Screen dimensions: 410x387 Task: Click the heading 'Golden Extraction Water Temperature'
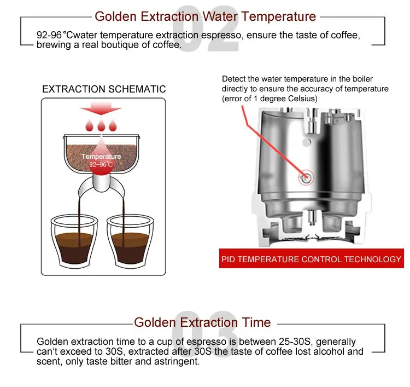coord(205,16)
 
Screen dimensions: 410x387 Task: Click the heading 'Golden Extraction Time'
coord(202,322)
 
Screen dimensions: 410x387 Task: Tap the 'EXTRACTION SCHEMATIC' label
coord(104,89)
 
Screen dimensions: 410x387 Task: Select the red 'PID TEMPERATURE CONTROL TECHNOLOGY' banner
coord(311,259)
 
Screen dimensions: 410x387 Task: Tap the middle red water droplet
coord(101,126)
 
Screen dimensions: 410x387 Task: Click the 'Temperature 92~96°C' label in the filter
coord(101,160)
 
